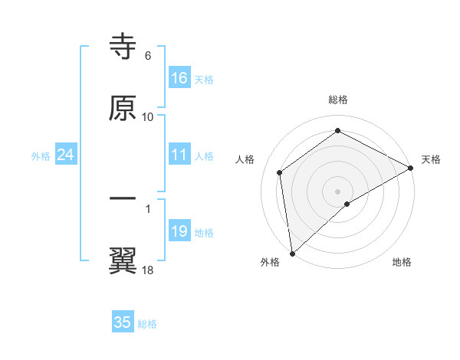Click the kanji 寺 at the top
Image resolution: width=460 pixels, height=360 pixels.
tap(123, 47)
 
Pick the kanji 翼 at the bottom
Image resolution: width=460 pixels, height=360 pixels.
tap(123, 260)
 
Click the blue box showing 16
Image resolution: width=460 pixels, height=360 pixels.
tap(179, 78)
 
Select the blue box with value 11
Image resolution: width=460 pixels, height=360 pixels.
tap(179, 155)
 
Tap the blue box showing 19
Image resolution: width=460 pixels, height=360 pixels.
tap(179, 231)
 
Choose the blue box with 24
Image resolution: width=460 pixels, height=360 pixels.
tap(66, 155)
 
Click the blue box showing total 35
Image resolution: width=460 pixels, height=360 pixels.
tap(123, 322)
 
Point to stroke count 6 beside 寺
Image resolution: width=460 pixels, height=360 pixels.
tap(148, 56)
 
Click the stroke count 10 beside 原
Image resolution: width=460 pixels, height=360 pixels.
tap(148, 117)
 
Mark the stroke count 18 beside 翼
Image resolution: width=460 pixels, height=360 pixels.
tap(148, 270)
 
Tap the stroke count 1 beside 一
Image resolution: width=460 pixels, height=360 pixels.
tap(148, 208)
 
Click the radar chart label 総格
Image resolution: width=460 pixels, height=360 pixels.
tap(338, 100)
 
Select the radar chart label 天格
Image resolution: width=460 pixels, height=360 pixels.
tap(431, 159)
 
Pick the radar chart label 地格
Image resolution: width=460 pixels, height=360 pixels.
tap(402, 263)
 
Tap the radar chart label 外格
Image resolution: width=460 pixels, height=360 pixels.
tap(270, 263)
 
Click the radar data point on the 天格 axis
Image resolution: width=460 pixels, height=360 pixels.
tap(411, 168)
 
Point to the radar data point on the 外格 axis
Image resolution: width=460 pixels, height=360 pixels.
tap(292, 253)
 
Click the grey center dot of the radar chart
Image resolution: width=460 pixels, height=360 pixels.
tap(337, 191)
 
